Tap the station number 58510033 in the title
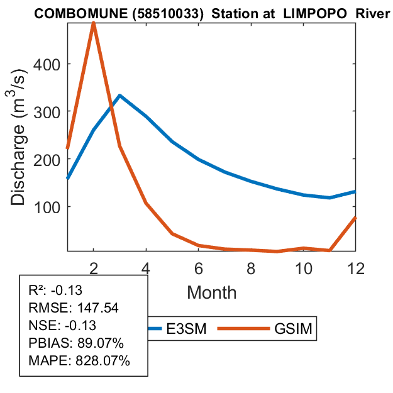(170, 14)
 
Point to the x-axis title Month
(211, 292)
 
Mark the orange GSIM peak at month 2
(94, 23)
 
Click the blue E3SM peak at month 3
(119, 96)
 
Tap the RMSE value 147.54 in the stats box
(96, 308)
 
